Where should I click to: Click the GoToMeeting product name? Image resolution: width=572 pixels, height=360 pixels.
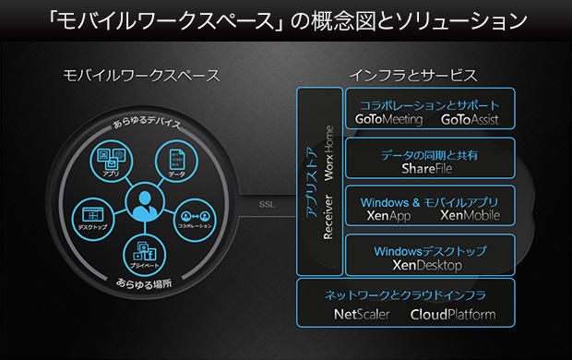pyautogui.click(x=388, y=120)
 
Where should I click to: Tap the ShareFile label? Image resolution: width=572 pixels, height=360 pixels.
pyautogui.click(x=429, y=169)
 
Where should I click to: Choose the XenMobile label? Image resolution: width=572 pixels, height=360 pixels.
pyautogui.click(x=470, y=216)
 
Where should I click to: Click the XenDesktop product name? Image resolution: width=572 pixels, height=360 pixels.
pyautogui.click(x=430, y=265)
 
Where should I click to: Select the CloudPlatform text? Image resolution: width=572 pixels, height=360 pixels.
pyautogui.click(x=453, y=314)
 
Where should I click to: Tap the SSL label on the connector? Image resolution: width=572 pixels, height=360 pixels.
pyautogui.click(x=268, y=204)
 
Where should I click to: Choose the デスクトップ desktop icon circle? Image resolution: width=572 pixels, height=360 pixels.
pyautogui.click(x=90, y=214)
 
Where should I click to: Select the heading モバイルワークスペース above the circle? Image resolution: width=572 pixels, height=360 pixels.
pyautogui.click(x=142, y=75)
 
